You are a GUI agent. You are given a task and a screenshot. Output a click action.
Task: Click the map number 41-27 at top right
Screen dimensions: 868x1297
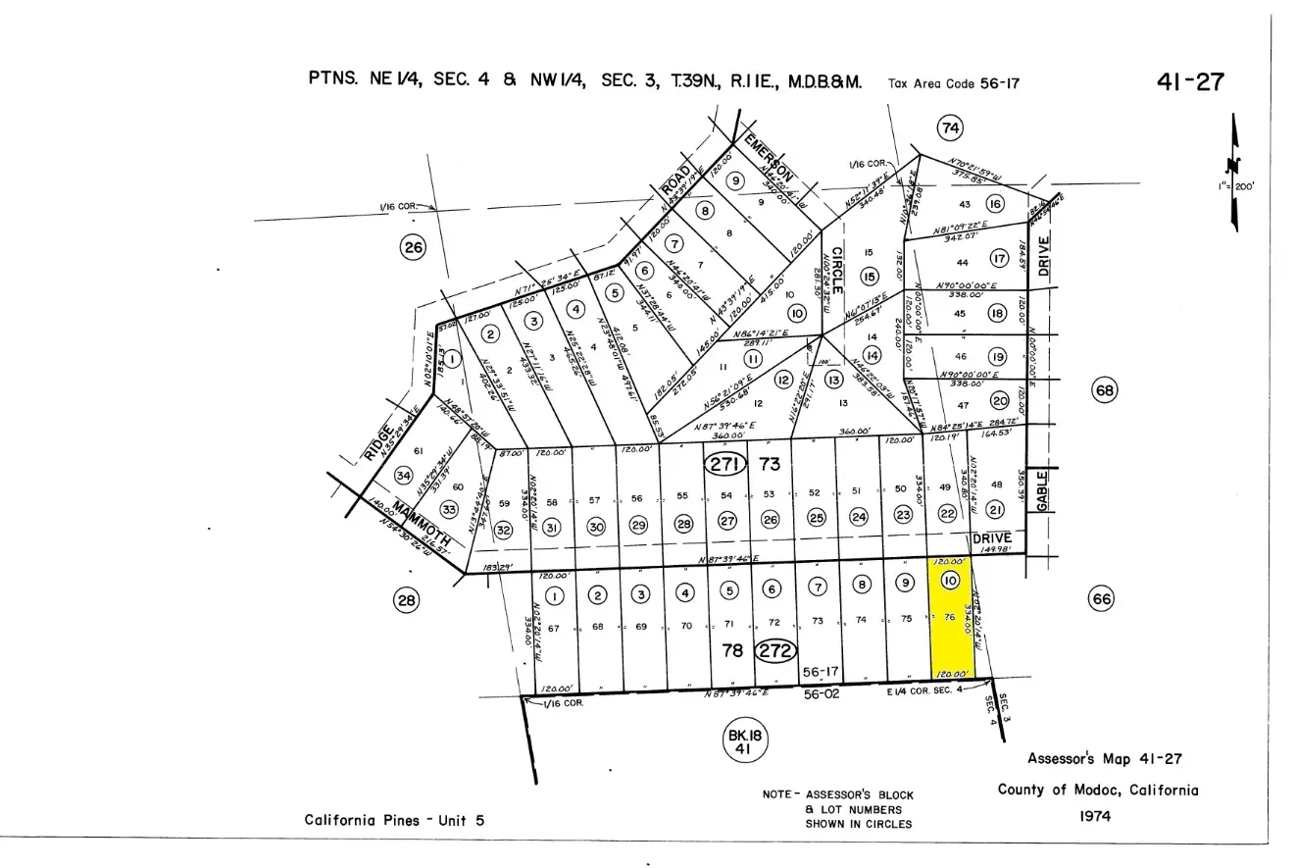(x=1190, y=81)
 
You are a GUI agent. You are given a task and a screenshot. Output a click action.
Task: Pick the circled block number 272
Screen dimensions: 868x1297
(x=775, y=650)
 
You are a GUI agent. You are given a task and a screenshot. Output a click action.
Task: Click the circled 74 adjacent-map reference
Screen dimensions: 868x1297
(x=949, y=128)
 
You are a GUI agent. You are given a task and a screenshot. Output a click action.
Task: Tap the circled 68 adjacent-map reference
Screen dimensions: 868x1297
(x=1105, y=390)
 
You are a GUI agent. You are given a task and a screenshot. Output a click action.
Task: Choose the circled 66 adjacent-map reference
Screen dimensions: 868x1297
(x=1102, y=598)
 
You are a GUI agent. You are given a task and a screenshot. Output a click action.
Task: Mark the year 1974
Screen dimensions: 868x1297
(x=1095, y=815)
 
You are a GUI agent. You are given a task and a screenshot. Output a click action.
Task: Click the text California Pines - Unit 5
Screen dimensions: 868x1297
(x=394, y=820)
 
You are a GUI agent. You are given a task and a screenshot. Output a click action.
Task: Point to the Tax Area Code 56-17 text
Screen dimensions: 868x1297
(x=953, y=83)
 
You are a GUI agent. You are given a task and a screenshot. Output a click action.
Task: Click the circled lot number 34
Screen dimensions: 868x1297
(x=403, y=476)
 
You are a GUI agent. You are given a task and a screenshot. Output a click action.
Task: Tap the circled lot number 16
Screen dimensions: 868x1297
(x=995, y=204)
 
